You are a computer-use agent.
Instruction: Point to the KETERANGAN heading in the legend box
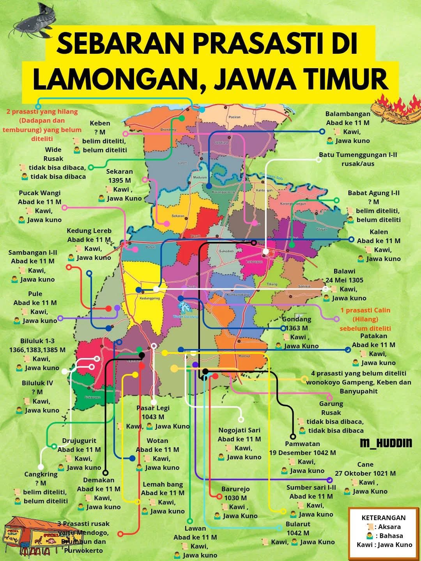click(384, 518)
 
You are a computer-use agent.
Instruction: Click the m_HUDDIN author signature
click(386, 443)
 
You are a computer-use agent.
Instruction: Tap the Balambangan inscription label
click(348, 114)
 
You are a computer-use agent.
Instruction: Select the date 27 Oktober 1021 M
click(365, 473)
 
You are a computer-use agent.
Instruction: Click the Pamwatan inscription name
click(302, 444)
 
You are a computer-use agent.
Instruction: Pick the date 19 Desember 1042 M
click(302, 453)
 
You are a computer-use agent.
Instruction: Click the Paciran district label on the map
click(235, 117)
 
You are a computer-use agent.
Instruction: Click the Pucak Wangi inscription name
click(40, 193)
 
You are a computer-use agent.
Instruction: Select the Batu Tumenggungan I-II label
click(358, 155)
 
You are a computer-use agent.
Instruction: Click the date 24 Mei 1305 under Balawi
click(344, 280)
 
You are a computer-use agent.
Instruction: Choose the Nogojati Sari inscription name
click(239, 430)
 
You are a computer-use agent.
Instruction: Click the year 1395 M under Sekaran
click(120, 180)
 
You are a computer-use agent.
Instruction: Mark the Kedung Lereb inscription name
click(89, 231)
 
